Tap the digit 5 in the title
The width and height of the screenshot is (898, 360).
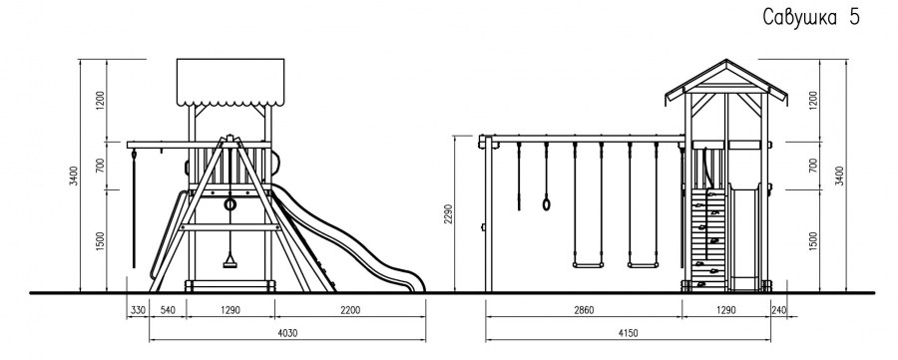[854, 17]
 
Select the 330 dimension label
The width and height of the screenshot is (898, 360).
[138, 310]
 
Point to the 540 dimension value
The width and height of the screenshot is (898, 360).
[168, 310]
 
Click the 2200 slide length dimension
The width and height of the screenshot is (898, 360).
[350, 310]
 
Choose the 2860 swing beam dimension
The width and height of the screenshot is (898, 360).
[584, 310]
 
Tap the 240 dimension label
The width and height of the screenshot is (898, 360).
[779, 310]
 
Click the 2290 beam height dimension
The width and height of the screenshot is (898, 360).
[449, 214]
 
